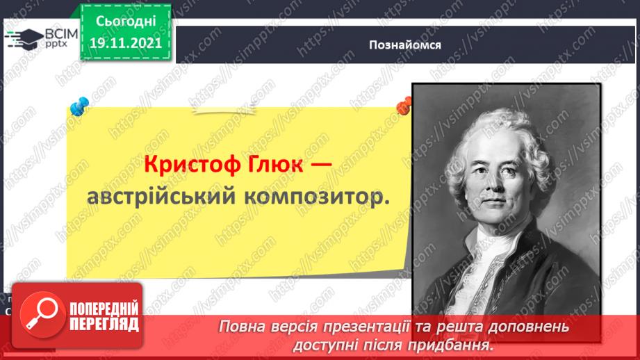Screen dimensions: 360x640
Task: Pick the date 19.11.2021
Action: (x=126, y=42)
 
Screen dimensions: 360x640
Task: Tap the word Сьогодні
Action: (x=126, y=21)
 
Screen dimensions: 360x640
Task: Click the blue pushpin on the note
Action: (x=79, y=106)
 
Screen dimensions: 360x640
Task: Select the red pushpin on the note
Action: (x=404, y=106)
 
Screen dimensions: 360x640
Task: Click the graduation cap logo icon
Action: (x=24, y=38)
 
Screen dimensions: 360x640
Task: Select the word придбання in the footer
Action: (x=453, y=344)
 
